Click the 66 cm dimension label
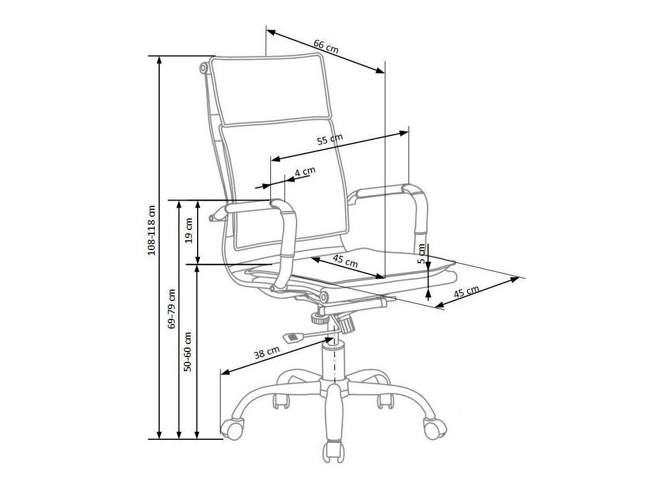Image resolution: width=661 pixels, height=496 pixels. point(326,45)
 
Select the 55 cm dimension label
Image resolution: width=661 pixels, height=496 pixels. point(331,139)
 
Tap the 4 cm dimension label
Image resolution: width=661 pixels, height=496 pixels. point(305,171)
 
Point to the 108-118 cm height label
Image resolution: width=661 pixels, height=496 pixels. point(152,229)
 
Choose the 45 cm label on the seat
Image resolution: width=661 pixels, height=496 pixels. point(345,262)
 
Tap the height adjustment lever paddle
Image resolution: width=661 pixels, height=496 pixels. point(293,337)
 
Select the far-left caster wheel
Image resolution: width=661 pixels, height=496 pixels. point(232,428)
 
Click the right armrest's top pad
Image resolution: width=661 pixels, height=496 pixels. point(378,192)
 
